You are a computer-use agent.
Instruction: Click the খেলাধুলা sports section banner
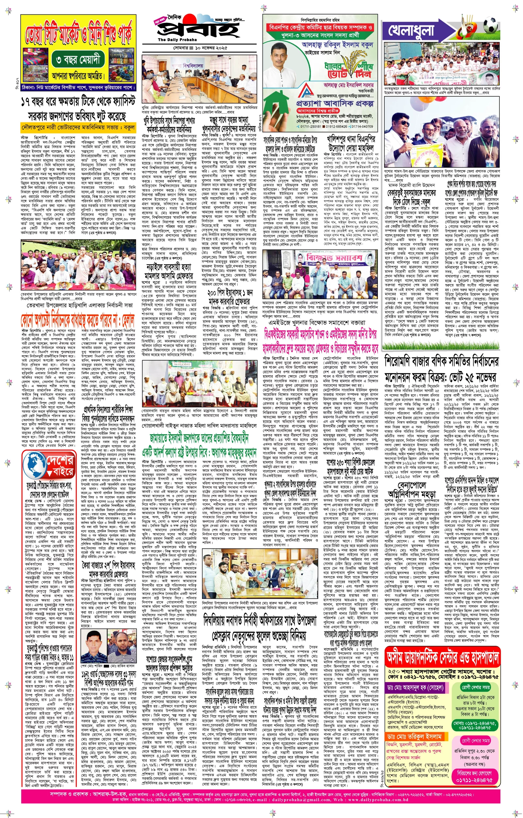pos(411,30)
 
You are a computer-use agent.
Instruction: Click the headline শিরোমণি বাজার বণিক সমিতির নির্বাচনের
pos(442,362)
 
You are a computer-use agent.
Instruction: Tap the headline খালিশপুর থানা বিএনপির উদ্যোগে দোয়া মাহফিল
pos(351,143)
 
